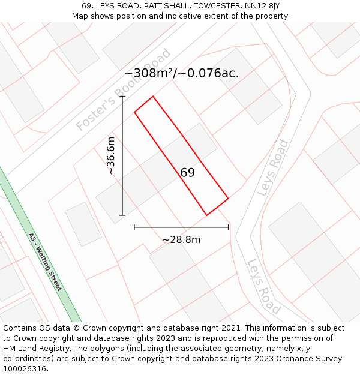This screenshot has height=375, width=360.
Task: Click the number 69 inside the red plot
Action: pyautogui.click(x=187, y=173)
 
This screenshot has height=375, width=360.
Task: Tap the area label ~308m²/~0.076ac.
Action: pyautogui.click(x=181, y=73)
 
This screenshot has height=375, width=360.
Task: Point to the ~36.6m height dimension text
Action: pyautogui.click(x=111, y=155)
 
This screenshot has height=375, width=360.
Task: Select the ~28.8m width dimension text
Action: pyautogui.click(x=181, y=240)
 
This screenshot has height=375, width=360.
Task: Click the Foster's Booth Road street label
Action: pyautogui.click(x=124, y=90)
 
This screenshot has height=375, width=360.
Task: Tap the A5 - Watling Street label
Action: pyautogui.click(x=45, y=262)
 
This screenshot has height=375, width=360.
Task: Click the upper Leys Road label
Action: pyautogui.click(x=273, y=168)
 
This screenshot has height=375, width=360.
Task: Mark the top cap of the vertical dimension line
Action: pyautogui.click(x=122, y=96)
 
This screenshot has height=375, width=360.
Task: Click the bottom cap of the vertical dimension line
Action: pyautogui.click(x=122, y=215)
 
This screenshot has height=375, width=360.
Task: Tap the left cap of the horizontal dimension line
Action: pyautogui.click(x=134, y=227)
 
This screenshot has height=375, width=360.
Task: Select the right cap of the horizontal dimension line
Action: pyautogui.click(x=229, y=227)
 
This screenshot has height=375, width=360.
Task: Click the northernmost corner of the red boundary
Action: pyautogui.click(x=153, y=96)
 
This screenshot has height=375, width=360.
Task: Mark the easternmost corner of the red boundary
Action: pyautogui.click(x=229, y=198)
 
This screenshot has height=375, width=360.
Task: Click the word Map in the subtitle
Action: pyautogui.click(x=81, y=16)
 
